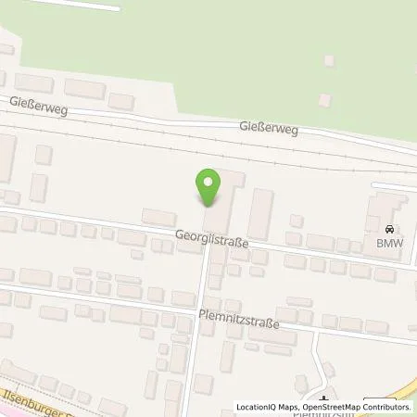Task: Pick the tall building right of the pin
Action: point(262,212)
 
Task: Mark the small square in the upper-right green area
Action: point(329,61)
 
